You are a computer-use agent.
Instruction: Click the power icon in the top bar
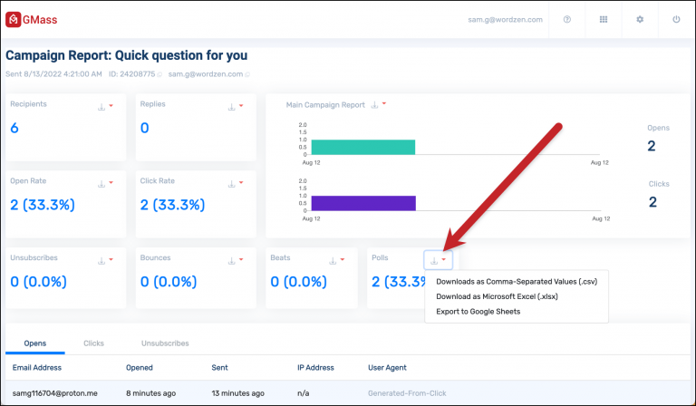(x=675, y=19)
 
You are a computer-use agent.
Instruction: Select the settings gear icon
(x=639, y=19)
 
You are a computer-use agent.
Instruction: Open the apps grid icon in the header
(x=604, y=19)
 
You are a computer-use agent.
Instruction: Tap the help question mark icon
(x=567, y=19)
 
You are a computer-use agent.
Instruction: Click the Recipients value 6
(x=14, y=129)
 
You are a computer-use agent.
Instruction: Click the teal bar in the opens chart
(x=362, y=147)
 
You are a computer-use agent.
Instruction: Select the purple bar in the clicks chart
(x=362, y=203)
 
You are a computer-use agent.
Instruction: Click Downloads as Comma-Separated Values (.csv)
(x=517, y=281)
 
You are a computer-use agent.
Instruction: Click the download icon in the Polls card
(x=434, y=260)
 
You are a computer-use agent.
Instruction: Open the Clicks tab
(x=93, y=343)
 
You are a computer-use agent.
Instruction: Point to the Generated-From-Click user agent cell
(x=404, y=393)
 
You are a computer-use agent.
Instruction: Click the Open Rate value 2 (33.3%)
(x=42, y=205)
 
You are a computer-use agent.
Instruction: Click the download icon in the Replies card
(x=231, y=107)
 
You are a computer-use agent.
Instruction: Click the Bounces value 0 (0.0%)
(x=173, y=281)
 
